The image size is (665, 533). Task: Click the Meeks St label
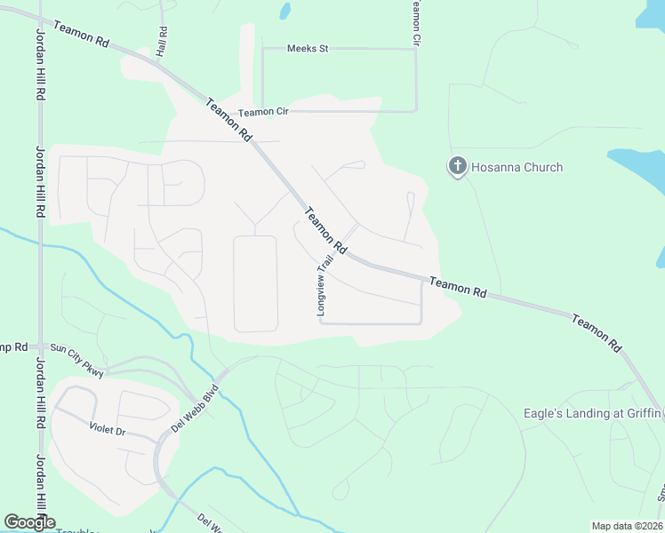tap(308, 48)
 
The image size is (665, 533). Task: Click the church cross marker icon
tap(457, 166)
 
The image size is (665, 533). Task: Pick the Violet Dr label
tap(108, 428)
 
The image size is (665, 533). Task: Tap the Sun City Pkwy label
tap(76, 361)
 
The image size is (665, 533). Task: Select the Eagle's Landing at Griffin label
tap(591, 412)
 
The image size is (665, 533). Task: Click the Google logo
tap(29, 521)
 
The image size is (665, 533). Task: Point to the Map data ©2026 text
tap(626, 526)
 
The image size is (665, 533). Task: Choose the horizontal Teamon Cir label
tap(263, 112)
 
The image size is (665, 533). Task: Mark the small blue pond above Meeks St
tap(284, 11)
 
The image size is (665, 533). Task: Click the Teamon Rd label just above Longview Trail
tap(324, 228)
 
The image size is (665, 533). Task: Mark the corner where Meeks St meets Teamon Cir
tap(416, 49)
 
